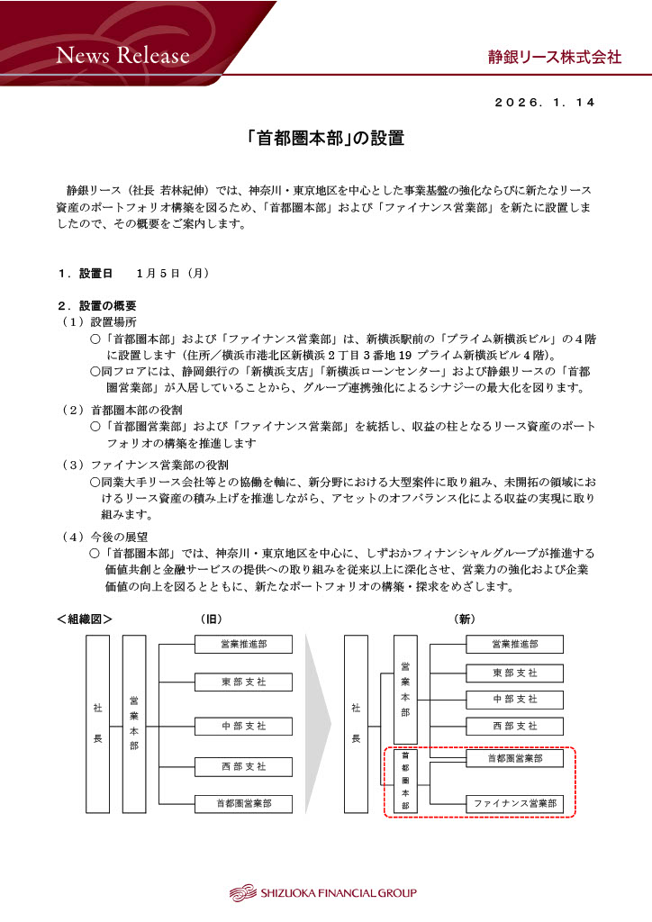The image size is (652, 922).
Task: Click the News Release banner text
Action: pyautogui.click(x=123, y=56)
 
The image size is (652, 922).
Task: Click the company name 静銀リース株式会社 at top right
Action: pyautogui.click(x=548, y=57)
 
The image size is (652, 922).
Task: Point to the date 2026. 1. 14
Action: pyautogui.click(x=545, y=103)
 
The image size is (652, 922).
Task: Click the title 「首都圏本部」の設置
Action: pyautogui.click(x=325, y=139)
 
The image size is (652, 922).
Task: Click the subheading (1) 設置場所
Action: pyautogui.click(x=99, y=321)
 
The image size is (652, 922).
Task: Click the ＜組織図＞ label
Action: pyautogui.click(x=84, y=619)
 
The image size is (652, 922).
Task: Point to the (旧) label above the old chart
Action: pyautogui.click(x=211, y=619)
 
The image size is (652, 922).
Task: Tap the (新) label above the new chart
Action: pyautogui.click(x=465, y=619)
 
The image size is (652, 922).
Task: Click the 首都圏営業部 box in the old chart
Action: pyautogui.click(x=243, y=803)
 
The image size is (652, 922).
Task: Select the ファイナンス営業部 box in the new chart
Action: pyautogui.click(x=514, y=802)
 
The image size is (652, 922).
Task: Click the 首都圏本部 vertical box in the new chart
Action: pyautogui.click(x=404, y=781)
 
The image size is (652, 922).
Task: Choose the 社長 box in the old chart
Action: pyautogui.click(x=97, y=724)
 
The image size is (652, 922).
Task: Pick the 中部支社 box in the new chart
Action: pyautogui.click(x=514, y=700)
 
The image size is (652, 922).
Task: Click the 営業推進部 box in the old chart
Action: pyautogui.click(x=243, y=645)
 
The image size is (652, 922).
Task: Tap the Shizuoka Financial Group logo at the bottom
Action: pyautogui.click(x=323, y=893)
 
